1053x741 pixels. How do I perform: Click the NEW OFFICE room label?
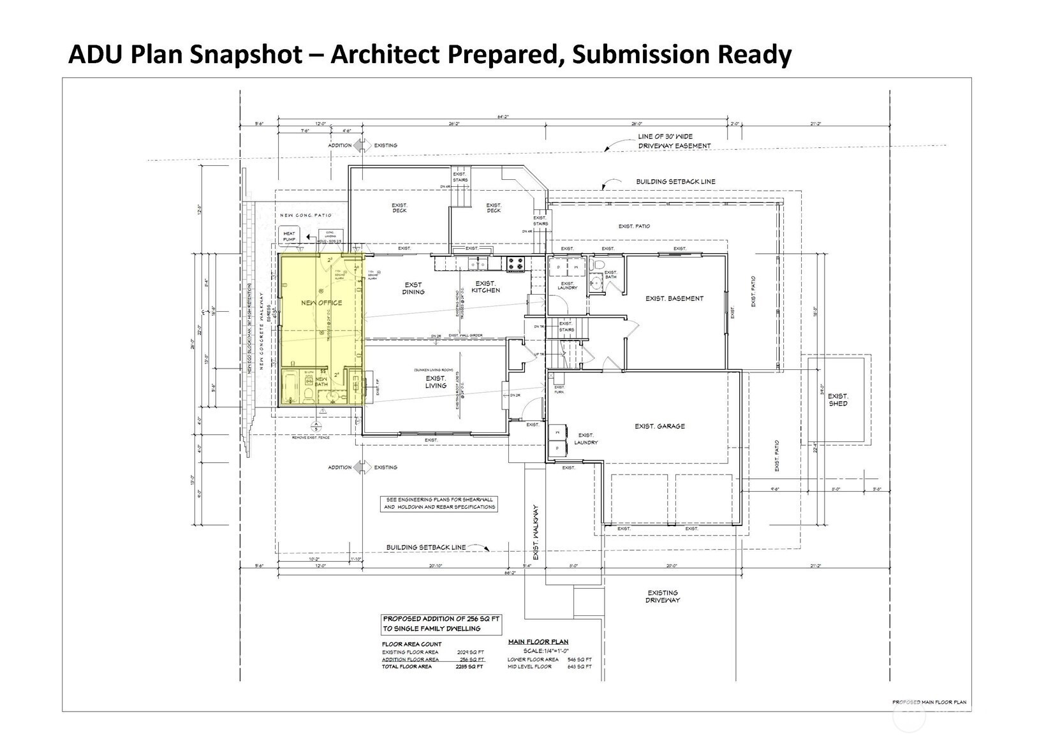point(321,303)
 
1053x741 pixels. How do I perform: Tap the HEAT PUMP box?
point(289,237)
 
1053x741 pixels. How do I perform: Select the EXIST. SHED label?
point(837,400)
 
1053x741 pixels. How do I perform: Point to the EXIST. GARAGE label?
point(659,426)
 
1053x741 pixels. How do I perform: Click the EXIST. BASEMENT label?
point(674,298)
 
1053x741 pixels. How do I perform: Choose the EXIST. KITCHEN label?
point(485,287)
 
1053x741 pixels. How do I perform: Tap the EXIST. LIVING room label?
point(436,382)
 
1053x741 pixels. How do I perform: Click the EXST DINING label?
point(413,288)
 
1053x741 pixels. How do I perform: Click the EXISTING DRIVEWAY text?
point(662,596)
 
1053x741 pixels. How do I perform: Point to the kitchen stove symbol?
point(515,262)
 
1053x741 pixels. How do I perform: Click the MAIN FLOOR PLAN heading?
point(538,642)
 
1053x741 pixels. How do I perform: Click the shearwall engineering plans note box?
point(439,503)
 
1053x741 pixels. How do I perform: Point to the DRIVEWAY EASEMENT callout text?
point(665,141)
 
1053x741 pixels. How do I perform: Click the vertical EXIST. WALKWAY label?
point(536,533)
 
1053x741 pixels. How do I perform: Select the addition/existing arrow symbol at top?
point(362,145)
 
